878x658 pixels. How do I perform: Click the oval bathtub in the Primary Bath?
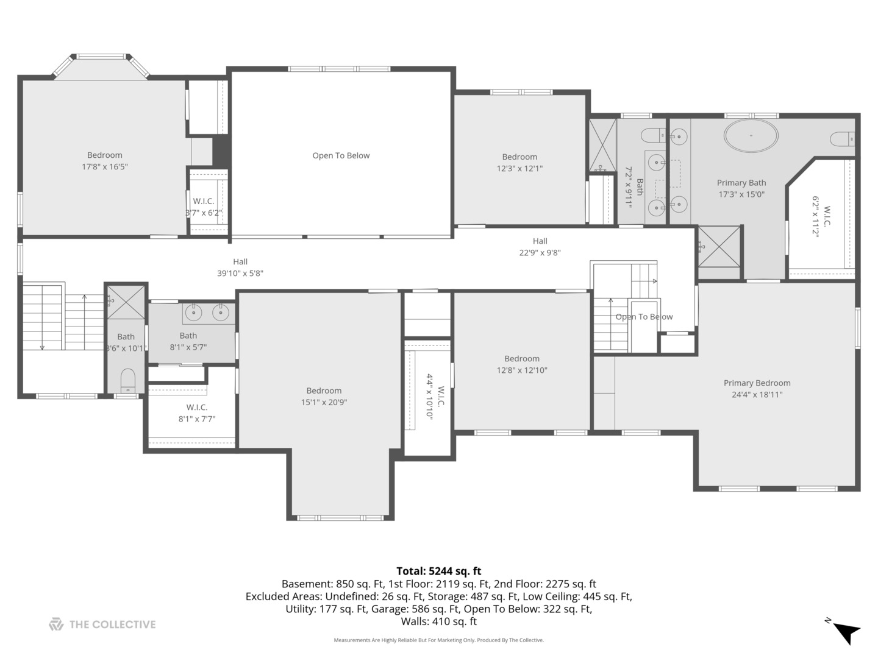point(751,136)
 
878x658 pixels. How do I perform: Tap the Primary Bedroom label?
point(757,383)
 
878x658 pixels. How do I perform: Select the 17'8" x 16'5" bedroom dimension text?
point(105,167)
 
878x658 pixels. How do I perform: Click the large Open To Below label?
point(341,155)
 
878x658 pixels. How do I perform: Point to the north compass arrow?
point(846,631)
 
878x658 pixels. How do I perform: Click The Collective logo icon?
point(56,624)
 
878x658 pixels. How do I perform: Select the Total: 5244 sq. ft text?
point(438,571)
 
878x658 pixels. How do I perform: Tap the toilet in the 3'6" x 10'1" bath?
point(127,381)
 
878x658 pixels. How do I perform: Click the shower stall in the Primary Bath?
point(719,246)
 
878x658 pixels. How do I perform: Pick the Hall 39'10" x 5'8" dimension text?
point(240,274)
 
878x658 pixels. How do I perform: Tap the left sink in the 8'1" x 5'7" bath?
point(193,313)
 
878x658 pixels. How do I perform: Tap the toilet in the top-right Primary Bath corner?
point(843,140)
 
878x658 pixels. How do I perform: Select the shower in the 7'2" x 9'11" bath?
point(602,145)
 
